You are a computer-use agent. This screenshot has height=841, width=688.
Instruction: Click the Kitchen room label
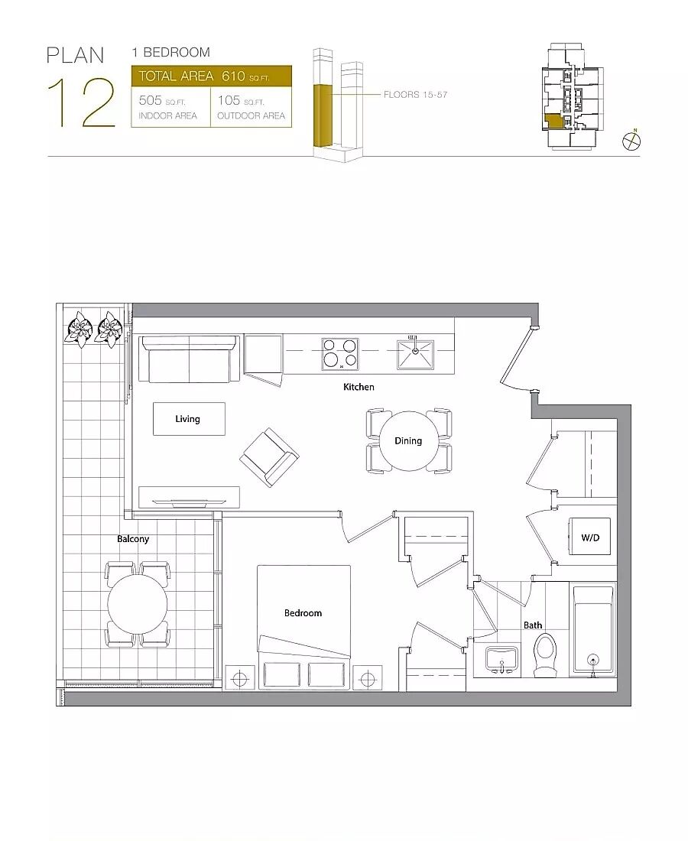(359, 387)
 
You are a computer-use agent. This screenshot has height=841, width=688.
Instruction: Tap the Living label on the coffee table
(188, 419)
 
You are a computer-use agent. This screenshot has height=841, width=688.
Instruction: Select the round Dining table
(409, 441)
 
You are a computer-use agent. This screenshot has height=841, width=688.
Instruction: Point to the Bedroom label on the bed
(303, 613)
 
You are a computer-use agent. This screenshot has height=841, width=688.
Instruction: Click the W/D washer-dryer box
(590, 537)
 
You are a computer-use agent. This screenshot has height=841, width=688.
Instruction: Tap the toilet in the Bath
(545, 654)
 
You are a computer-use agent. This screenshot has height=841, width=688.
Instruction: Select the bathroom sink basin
(501, 658)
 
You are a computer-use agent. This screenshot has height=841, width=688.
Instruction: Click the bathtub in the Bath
(593, 630)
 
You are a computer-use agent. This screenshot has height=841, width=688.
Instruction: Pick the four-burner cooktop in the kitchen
(340, 353)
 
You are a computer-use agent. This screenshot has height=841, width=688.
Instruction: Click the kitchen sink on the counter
(415, 353)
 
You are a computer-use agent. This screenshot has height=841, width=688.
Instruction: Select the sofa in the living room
(189, 359)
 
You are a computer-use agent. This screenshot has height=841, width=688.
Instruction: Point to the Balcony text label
(133, 539)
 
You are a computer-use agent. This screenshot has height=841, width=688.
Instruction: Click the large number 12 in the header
(82, 102)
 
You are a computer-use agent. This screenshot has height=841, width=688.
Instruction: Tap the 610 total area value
(233, 76)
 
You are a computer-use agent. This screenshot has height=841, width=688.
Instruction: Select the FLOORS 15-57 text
(416, 94)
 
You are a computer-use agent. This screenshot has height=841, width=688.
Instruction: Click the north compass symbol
(631, 141)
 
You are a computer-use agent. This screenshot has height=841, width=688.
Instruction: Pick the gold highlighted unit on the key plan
(553, 120)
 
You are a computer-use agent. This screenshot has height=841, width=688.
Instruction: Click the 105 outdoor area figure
(229, 100)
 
